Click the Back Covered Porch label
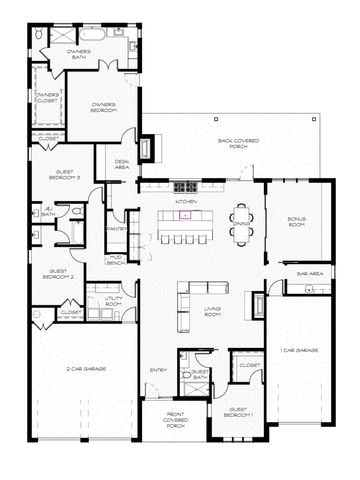pos(238,143)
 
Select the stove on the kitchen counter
pos(186,186)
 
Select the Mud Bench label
pos(116,261)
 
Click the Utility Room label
pos(102,300)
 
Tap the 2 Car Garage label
pos(86,369)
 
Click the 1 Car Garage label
pos(299,350)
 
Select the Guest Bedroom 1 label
pos(240,411)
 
